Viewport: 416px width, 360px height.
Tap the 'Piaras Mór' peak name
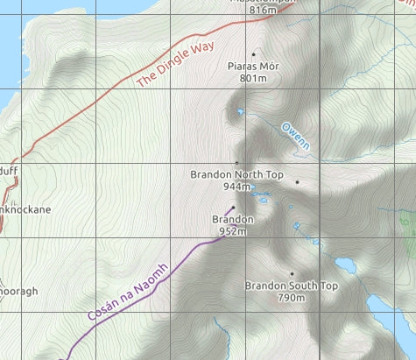point(252,67)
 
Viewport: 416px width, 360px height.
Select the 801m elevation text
point(252,78)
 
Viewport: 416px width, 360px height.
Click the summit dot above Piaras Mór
point(254,54)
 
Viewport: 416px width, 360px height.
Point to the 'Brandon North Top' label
point(236,175)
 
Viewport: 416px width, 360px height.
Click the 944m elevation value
point(236,187)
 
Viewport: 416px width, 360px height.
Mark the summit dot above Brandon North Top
point(236,163)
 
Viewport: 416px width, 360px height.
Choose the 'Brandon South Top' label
point(291,286)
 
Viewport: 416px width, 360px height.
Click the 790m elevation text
point(291,298)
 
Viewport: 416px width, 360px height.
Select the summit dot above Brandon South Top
point(292,273)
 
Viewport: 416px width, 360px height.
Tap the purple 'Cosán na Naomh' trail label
point(127,291)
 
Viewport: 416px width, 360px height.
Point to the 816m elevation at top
point(263,10)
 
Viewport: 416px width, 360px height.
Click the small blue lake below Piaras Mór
point(240,111)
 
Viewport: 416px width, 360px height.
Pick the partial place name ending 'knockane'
point(25,210)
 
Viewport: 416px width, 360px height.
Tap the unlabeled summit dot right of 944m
point(297,182)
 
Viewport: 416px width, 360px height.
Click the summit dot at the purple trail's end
point(233,208)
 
